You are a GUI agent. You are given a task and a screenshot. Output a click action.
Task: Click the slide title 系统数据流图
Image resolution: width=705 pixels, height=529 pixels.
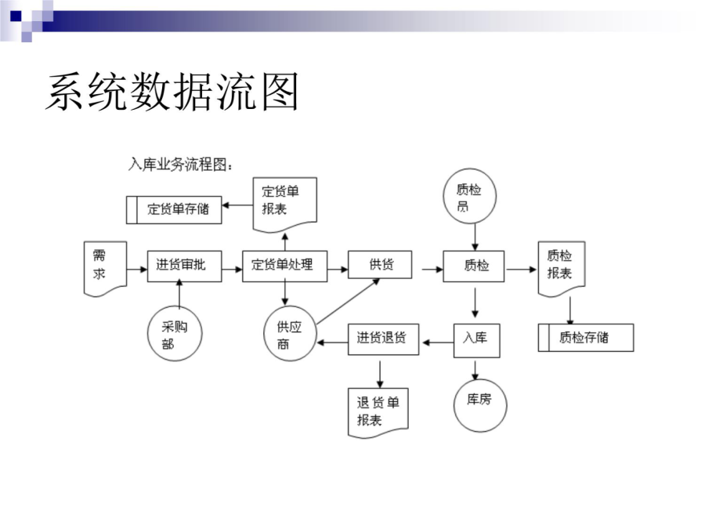[172, 92]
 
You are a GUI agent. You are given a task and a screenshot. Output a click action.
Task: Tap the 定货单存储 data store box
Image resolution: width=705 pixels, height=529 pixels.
[174, 209]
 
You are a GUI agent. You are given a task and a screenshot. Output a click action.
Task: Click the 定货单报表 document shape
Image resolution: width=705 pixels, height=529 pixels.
[285, 205]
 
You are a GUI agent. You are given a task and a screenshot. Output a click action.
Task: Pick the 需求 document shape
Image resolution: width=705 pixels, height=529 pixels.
[105, 269]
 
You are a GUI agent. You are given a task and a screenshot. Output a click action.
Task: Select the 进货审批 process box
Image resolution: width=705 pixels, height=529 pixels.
[184, 266]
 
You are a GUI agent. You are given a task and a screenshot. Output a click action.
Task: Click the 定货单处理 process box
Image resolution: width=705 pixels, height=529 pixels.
[284, 266]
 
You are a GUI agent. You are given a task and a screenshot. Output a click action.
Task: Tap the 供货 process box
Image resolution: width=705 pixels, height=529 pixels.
[380, 265]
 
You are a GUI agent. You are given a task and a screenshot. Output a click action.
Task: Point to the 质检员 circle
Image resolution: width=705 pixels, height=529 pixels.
[470, 196]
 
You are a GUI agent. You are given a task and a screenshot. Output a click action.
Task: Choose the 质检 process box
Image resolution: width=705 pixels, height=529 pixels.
[473, 266]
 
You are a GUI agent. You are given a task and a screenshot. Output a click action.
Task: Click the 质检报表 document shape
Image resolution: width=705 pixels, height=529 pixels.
[562, 269]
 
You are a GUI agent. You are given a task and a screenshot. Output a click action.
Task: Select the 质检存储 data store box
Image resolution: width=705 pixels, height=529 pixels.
[586, 337]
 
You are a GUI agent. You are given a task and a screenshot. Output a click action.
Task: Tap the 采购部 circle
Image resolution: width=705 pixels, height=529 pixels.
[175, 334]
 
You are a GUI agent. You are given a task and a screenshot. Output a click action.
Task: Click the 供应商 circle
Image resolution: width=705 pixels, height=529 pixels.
[290, 334]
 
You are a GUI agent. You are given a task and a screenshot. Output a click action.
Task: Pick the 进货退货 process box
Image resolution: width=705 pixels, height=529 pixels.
[384, 339]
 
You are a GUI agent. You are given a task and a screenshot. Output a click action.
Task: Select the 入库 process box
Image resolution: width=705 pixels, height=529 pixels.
[476, 341]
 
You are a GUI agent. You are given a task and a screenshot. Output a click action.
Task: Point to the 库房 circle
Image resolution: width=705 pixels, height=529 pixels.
[480, 405]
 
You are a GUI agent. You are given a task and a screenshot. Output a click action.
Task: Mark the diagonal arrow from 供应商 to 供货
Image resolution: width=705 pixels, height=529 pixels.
[348, 302]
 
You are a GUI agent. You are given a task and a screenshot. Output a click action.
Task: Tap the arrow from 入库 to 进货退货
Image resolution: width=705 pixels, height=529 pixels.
[439, 342]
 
